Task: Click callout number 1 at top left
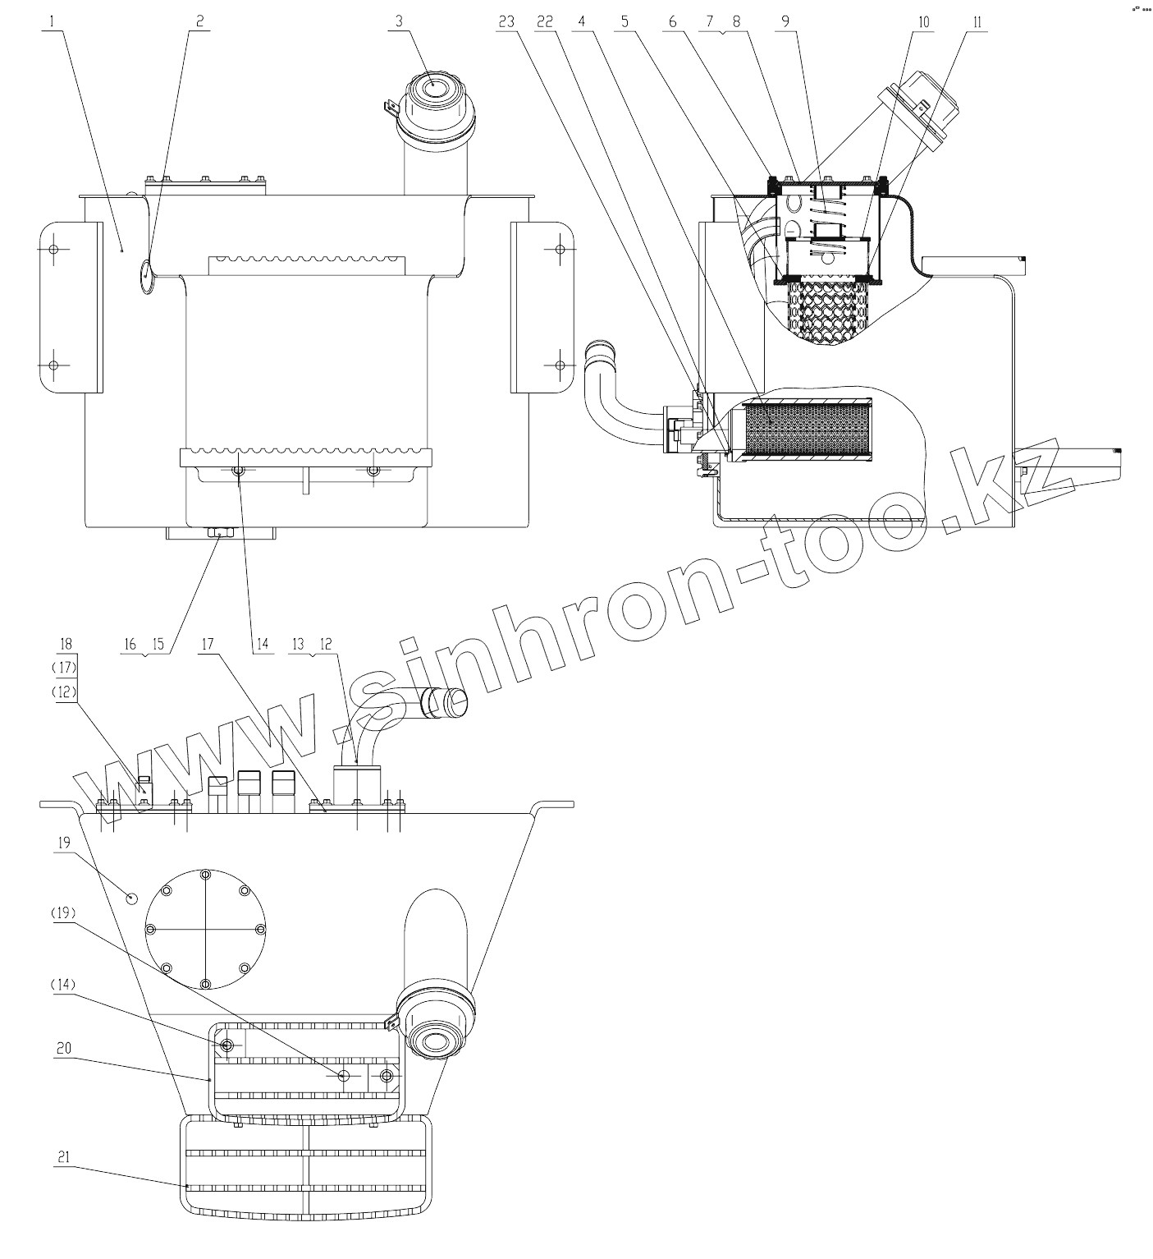[x=52, y=21]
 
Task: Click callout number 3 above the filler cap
[x=400, y=21]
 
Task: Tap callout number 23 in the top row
[x=506, y=21]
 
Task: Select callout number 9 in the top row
[x=785, y=21]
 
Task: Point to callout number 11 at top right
[x=977, y=21]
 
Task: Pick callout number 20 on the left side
[x=63, y=1048]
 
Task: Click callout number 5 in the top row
[x=625, y=21]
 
